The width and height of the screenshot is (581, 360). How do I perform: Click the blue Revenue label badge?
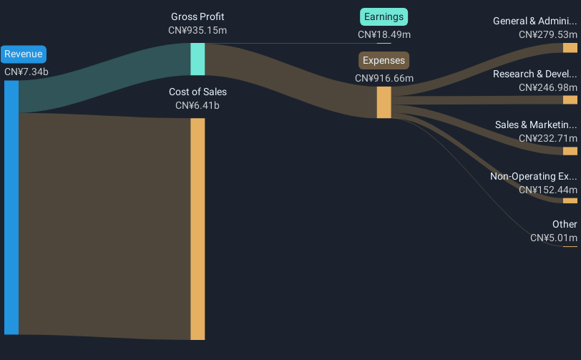24,54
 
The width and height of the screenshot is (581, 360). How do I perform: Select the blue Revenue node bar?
11,208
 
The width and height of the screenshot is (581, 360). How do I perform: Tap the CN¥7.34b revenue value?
26,72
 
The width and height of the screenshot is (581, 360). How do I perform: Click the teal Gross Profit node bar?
197,59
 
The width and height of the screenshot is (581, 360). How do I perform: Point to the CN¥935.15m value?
197,30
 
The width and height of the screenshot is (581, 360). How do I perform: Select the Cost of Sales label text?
198,92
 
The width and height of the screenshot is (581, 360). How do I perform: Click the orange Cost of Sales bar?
197,229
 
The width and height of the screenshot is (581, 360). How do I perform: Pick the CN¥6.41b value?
197,106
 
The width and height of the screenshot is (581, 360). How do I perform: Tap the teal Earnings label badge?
384,17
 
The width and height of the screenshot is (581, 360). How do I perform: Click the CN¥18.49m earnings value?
384,35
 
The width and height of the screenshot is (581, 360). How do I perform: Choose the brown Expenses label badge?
384,60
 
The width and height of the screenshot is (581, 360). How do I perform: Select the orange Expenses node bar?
384,102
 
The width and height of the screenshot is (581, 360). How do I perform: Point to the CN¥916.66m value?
384,78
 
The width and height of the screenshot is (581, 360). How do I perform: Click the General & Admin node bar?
570,48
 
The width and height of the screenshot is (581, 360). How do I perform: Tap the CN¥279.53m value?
548,35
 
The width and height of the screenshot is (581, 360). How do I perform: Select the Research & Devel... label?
534,74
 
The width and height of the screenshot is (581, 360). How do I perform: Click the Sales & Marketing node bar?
570,151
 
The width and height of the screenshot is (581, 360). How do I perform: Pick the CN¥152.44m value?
548,190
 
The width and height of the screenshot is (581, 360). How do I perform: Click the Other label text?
565,224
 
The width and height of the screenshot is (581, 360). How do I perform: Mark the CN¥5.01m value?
554,238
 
